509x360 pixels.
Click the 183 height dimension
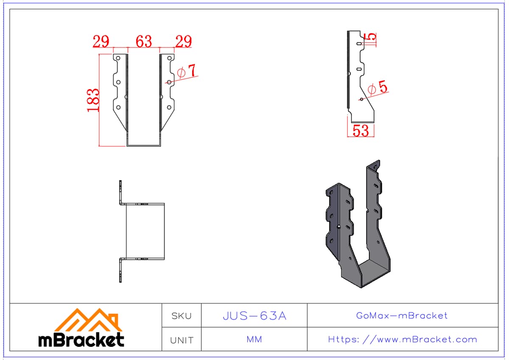(93, 100)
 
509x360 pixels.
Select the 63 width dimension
(144, 41)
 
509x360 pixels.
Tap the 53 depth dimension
(361, 131)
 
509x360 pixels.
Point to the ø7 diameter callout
(186, 71)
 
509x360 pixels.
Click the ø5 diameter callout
(378, 87)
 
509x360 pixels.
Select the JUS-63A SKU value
(255, 316)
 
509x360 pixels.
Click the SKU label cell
(182, 316)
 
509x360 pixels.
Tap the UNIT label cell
(182, 340)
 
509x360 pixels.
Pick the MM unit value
(254, 340)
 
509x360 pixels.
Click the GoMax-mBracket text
(402, 315)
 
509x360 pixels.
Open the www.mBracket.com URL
(403, 340)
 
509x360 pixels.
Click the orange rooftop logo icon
(88, 320)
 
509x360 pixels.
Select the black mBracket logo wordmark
(81, 340)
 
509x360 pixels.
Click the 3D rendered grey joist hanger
(358, 224)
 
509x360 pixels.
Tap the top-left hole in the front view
(118, 58)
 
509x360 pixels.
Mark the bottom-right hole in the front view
(169, 107)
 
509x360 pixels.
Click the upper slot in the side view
(359, 44)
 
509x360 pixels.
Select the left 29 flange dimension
(101, 41)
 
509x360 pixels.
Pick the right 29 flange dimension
(184, 41)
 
